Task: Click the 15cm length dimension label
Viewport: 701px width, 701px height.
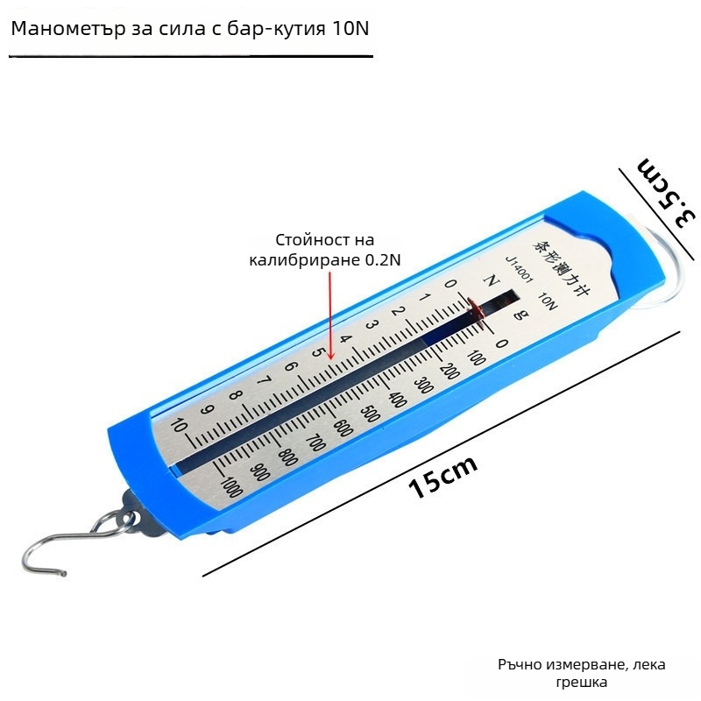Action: [443, 478]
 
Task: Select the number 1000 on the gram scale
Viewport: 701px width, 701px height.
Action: [231, 487]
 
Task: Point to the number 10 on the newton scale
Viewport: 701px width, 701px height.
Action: [179, 427]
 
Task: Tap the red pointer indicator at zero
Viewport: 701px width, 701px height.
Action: [477, 306]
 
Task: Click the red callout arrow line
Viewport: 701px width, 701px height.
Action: [330, 315]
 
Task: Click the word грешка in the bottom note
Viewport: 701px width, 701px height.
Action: [606, 682]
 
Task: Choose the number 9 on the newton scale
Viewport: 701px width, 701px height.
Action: [208, 410]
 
